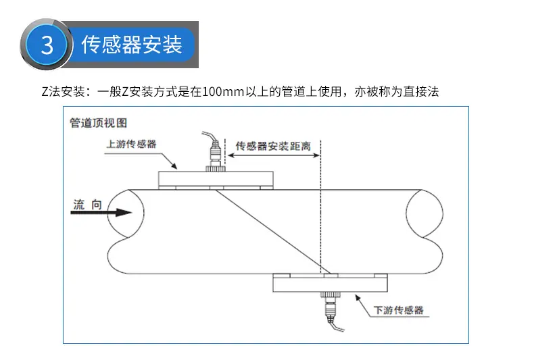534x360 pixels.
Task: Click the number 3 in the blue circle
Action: tap(47, 45)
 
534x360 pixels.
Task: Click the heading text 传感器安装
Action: tap(131, 45)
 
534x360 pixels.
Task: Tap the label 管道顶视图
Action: tap(99, 123)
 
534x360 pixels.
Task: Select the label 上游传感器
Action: tap(131, 144)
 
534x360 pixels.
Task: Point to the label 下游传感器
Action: tap(398, 310)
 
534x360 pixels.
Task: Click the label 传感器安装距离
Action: tap(273, 146)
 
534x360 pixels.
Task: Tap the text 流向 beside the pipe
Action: tap(87, 205)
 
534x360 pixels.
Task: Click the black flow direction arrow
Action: tap(101, 213)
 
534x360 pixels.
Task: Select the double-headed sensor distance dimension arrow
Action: tap(274, 155)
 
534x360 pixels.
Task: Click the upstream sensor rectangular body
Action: tap(216, 178)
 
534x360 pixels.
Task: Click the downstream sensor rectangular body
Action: tap(330, 284)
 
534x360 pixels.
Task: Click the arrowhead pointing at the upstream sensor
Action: tap(174, 165)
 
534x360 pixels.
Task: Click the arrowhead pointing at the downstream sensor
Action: tap(358, 298)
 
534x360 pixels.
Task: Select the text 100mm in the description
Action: tap(223, 92)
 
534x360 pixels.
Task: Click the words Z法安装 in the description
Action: tap(63, 92)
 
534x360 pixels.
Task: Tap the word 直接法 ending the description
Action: tap(421, 92)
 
